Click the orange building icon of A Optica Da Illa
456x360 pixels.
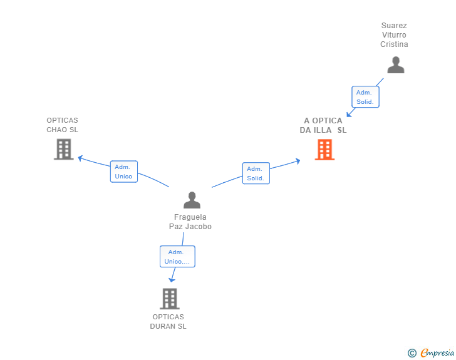pyautogui.click(x=324, y=150)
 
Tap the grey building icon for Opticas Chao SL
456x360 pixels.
pyautogui.click(x=63, y=149)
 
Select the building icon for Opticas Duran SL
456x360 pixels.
pyautogui.click(x=169, y=299)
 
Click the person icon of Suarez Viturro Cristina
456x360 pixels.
pyautogui.click(x=395, y=65)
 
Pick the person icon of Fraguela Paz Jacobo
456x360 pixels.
pyautogui.click(x=192, y=200)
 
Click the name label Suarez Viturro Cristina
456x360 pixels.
pyautogui.click(x=394, y=35)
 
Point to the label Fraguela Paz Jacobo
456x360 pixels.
pyautogui.click(x=190, y=222)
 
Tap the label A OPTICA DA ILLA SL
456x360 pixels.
pyautogui.click(x=323, y=125)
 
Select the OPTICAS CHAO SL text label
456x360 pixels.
pyautogui.click(x=62, y=125)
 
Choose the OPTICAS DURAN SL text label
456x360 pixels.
pyautogui.click(x=168, y=321)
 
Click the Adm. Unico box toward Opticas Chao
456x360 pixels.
pyautogui.click(x=123, y=172)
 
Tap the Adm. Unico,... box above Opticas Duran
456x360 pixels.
pyautogui.click(x=177, y=257)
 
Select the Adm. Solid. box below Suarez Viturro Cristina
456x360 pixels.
pyautogui.click(x=365, y=97)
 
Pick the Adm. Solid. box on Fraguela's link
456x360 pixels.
pyautogui.click(x=256, y=173)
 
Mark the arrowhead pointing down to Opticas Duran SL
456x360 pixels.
pyautogui.click(x=172, y=279)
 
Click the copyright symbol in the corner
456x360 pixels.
pyautogui.click(x=412, y=353)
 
